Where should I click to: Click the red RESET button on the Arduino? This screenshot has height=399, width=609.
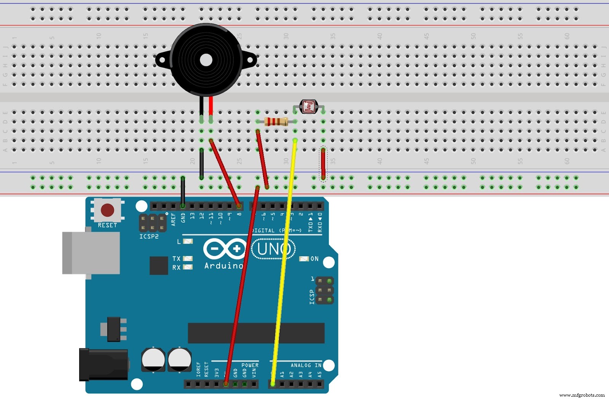pyautogui.click(x=107, y=210)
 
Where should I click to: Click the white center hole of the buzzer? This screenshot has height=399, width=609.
pyautogui.click(x=206, y=60)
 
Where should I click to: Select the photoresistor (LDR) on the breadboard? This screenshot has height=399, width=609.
pyautogui.click(x=308, y=107)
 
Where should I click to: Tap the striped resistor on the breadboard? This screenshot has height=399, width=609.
pyautogui.click(x=276, y=122)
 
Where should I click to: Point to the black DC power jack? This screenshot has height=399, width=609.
pyautogui.click(x=103, y=365)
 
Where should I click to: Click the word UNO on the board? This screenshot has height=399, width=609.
pyautogui.click(x=273, y=249)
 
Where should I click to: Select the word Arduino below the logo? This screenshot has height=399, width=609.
pyautogui.click(x=223, y=266)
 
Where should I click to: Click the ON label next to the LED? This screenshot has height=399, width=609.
pyautogui.click(x=314, y=259)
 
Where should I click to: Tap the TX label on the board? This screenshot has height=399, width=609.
pyautogui.click(x=176, y=259)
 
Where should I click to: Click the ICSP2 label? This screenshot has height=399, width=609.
pyautogui.click(x=149, y=236)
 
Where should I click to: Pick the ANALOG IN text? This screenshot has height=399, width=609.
pyautogui.click(x=306, y=365)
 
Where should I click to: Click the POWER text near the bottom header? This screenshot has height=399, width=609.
pyautogui.click(x=250, y=365)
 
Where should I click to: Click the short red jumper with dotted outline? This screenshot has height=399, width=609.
pyautogui.click(x=323, y=164)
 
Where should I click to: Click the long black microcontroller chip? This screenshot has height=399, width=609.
pyautogui.click(x=256, y=333)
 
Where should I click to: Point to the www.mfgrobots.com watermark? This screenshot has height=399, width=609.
pyautogui.click(x=582, y=395)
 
